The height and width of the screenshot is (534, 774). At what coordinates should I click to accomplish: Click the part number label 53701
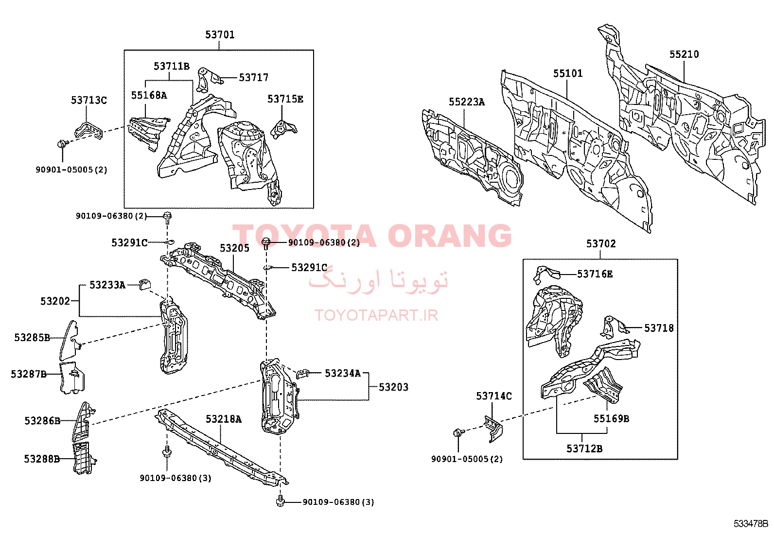[x=220, y=34]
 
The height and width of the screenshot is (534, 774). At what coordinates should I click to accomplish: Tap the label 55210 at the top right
[x=684, y=54]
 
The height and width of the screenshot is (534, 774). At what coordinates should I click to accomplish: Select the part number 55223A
[x=466, y=102]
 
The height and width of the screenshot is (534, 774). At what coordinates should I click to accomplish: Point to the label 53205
[x=234, y=248]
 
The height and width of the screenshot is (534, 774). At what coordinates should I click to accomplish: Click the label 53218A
[x=224, y=419]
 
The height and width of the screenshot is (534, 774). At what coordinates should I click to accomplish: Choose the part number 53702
[x=601, y=244]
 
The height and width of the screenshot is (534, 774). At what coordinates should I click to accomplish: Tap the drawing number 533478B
[x=751, y=524]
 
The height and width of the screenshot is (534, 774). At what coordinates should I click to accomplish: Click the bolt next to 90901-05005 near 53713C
[x=62, y=143]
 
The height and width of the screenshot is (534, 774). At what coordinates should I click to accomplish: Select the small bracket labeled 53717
[x=209, y=79]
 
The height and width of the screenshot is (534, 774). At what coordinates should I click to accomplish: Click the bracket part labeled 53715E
[x=283, y=129]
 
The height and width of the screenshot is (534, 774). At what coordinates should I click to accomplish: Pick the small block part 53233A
[x=145, y=285]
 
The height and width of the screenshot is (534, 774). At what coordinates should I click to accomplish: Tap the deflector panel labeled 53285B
[x=70, y=340]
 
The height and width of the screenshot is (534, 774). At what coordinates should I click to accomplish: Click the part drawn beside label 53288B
[x=84, y=458]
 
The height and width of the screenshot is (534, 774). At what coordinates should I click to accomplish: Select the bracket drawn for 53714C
[x=493, y=429]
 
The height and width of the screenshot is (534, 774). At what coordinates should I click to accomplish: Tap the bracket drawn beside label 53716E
[x=545, y=274]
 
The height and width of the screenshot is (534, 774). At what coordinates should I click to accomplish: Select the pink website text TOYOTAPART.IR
[x=376, y=315]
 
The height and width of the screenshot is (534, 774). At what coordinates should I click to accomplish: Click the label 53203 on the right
[x=394, y=387]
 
